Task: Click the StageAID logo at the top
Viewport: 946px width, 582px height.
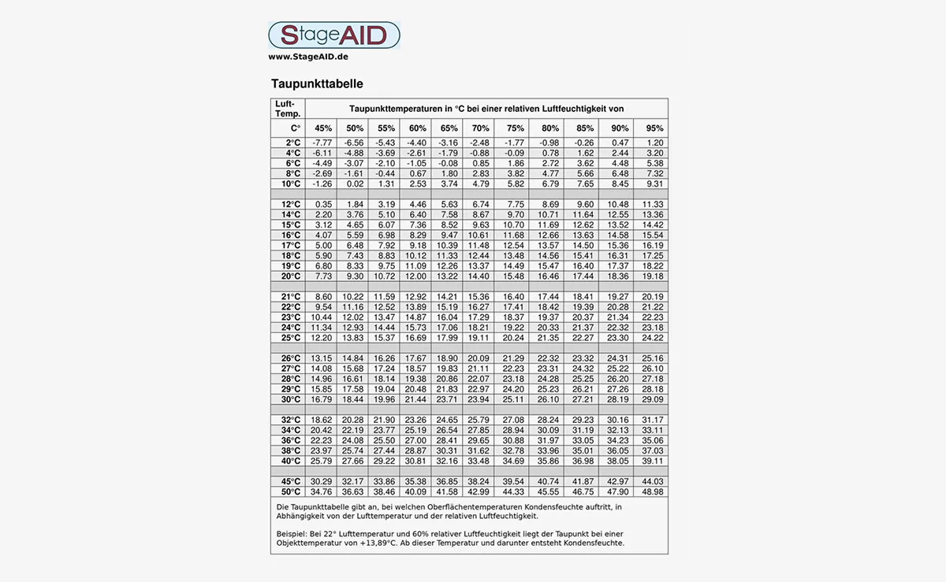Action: (x=333, y=35)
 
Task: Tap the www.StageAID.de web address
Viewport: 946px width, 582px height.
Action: (x=308, y=57)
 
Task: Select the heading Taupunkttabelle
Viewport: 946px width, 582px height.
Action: (x=317, y=83)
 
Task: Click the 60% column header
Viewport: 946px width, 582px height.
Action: (x=418, y=128)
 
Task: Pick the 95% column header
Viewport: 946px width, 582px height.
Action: (x=654, y=128)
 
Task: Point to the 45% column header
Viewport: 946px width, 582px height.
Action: (x=323, y=128)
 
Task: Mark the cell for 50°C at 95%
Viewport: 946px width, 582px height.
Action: (x=654, y=491)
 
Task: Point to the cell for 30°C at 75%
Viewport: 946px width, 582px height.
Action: (x=513, y=399)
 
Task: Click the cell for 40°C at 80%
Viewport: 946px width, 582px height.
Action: (x=548, y=461)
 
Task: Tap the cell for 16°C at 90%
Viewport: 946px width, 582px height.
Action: (x=619, y=235)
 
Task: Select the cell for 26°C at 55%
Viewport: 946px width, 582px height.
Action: (x=385, y=358)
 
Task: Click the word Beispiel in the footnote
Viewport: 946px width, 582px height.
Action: (x=293, y=534)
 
